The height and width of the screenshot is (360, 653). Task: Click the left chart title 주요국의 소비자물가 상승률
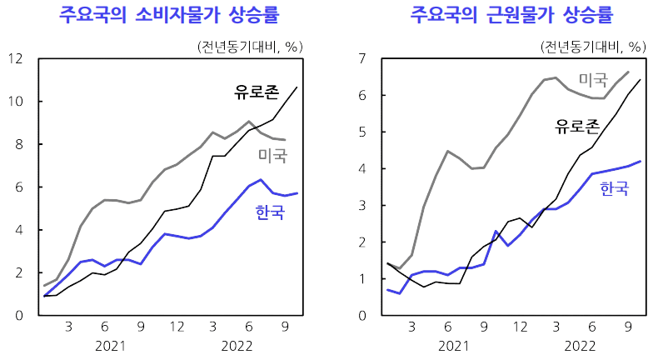tap(168, 16)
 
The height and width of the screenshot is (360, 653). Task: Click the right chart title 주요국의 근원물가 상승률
tap(511, 16)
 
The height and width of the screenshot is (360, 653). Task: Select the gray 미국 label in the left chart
tap(272, 156)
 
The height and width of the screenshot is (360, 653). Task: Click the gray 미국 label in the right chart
tap(593, 81)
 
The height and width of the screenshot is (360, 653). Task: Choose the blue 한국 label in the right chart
tap(615, 190)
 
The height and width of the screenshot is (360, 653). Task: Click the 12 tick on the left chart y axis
tap(14, 59)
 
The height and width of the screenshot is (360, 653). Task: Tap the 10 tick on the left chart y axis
tap(14, 102)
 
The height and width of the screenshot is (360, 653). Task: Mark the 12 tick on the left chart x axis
tap(177, 327)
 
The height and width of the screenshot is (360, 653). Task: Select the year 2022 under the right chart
tap(579, 346)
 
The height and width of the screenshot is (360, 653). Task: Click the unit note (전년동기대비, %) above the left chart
tap(247, 46)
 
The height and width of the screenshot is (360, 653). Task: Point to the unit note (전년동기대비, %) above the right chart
tap(591, 46)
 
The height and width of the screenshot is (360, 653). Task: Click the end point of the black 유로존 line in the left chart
tap(297, 87)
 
